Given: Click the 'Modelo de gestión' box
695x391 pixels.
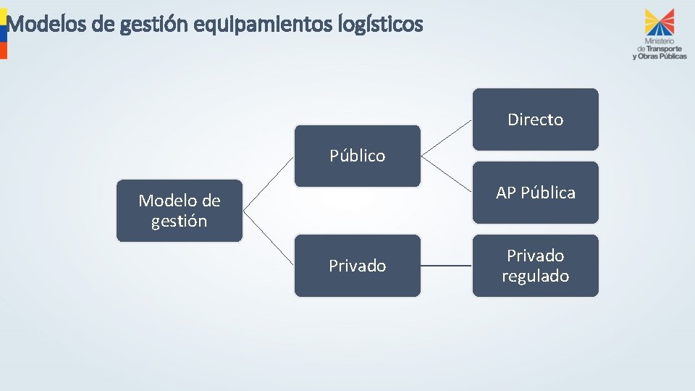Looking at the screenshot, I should point(180,210).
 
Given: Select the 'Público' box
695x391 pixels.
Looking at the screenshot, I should point(357,156).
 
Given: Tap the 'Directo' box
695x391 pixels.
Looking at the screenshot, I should point(536,119).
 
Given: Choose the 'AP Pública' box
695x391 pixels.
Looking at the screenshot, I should point(536,193).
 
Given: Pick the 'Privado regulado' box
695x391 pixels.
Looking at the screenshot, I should point(536,265).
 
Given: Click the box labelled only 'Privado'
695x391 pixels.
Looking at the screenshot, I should point(357,266).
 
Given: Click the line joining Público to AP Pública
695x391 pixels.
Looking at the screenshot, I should point(447,174).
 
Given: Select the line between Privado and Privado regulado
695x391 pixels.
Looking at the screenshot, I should point(446,266).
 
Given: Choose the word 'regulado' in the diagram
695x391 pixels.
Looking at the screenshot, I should point(536,276).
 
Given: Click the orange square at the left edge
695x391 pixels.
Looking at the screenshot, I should point(3,50).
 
